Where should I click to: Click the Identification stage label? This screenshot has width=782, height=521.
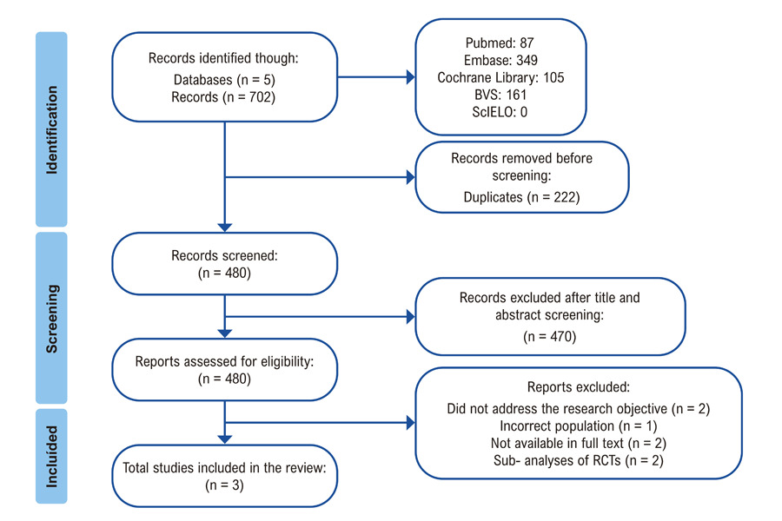pos(52,129)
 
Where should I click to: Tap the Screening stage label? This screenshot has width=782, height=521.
pos(52,319)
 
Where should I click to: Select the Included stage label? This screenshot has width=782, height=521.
pos(52,456)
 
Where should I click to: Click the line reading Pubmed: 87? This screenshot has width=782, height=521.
pos(500,43)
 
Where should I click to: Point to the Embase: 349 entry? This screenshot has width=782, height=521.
pos(500,60)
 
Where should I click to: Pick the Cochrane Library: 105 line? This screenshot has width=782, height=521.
pos(500,77)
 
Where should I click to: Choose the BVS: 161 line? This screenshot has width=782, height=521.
pos(500,95)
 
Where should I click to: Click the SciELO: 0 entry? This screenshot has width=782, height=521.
pos(500,112)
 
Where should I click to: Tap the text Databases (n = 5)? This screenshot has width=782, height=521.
pos(224,80)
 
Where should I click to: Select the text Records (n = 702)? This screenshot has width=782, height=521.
pos(223,96)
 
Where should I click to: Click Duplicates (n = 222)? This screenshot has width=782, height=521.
pos(521,197)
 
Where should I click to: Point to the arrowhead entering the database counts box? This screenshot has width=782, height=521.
pos(411,77)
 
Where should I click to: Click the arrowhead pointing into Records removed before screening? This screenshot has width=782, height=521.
pos(411,177)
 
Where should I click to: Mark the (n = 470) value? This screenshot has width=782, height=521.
pos(550,337)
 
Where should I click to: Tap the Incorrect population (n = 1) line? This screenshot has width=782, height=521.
pos(579,425)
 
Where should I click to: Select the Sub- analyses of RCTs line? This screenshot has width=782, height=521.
pos(579,460)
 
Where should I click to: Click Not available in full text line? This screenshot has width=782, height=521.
pos(579,443)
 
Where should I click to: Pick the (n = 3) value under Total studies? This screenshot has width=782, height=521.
pos(224,485)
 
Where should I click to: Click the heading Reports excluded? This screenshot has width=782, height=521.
pos(579,387)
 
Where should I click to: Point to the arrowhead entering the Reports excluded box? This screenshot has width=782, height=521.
pos(411,423)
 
